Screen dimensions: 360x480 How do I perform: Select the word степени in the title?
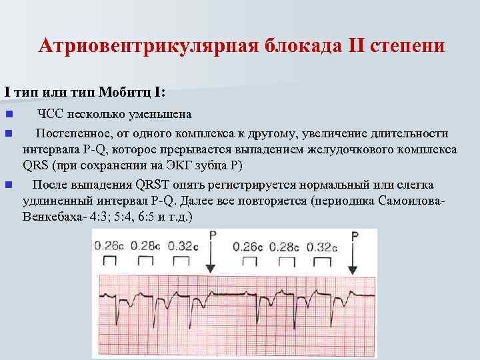pyautogui.click(x=407, y=46)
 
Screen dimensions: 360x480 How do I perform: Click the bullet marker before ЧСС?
pyautogui.click(x=8, y=114)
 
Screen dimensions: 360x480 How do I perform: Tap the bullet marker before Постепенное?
pyautogui.click(x=8, y=133)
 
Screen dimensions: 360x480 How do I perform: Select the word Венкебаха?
pyautogui.click(x=49, y=217)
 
